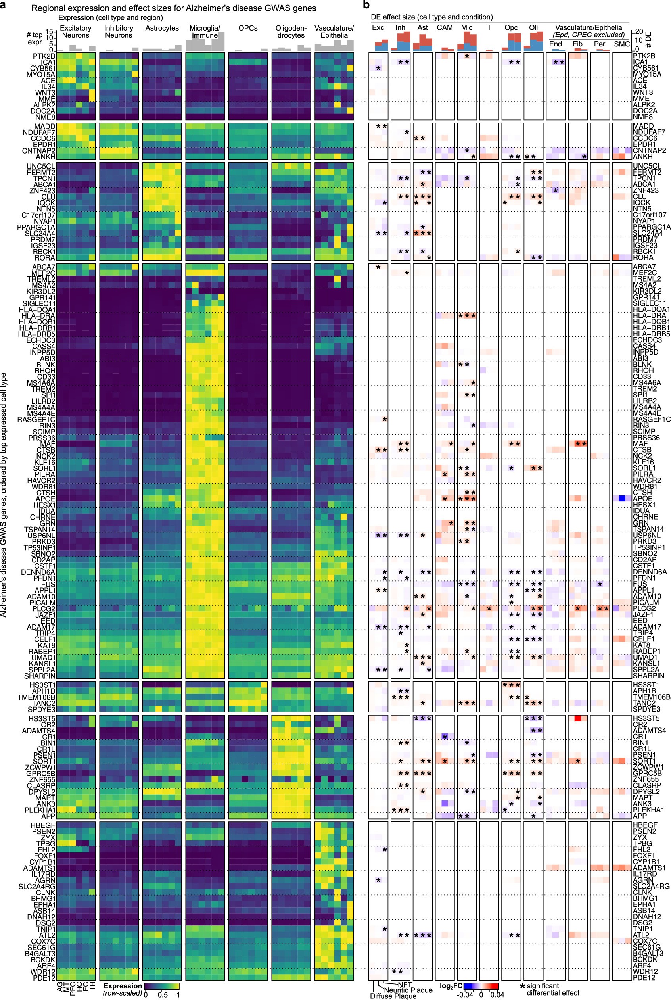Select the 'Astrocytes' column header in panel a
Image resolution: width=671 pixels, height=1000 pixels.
[162, 28]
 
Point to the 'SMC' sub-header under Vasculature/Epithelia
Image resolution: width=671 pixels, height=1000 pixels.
[622, 44]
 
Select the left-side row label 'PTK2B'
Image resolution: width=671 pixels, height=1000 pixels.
[44, 56]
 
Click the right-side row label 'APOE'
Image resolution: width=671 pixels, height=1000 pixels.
[643, 499]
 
